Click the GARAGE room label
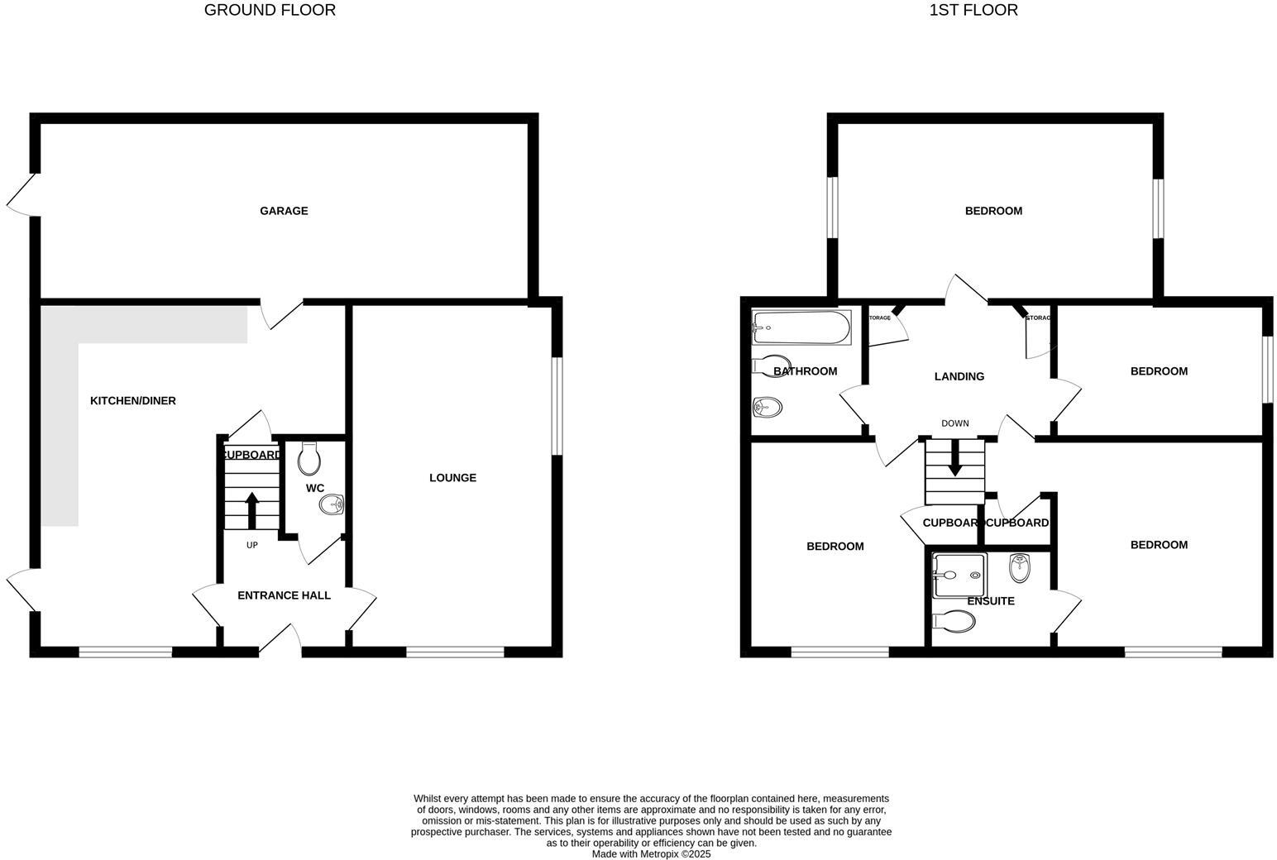[x=284, y=211]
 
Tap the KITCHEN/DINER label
[x=133, y=401]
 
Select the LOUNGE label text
[x=452, y=478]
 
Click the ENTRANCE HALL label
[x=284, y=595]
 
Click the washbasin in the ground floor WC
[x=332, y=504]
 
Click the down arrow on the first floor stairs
[x=955, y=459]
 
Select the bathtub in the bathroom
[x=801, y=328]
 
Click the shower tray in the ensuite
[x=959, y=575]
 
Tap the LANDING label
[x=959, y=377]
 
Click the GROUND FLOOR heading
[x=270, y=11]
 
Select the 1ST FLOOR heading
[x=974, y=11]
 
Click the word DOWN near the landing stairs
[x=955, y=423]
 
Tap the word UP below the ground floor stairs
[x=252, y=545]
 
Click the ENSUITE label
[x=991, y=601]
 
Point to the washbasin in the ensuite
[x=1019, y=568]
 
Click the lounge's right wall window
[x=557, y=405]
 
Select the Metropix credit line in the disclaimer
[x=651, y=854]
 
